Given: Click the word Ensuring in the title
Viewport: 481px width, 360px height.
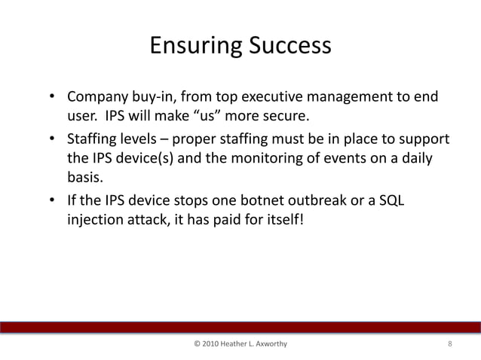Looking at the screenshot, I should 193,46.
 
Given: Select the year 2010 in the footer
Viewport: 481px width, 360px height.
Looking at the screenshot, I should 214,344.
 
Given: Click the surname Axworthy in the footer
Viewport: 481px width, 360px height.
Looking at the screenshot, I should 268,344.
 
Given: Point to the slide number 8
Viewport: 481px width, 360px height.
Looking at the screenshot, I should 449,344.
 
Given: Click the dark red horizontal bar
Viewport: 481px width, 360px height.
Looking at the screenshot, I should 240,326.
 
